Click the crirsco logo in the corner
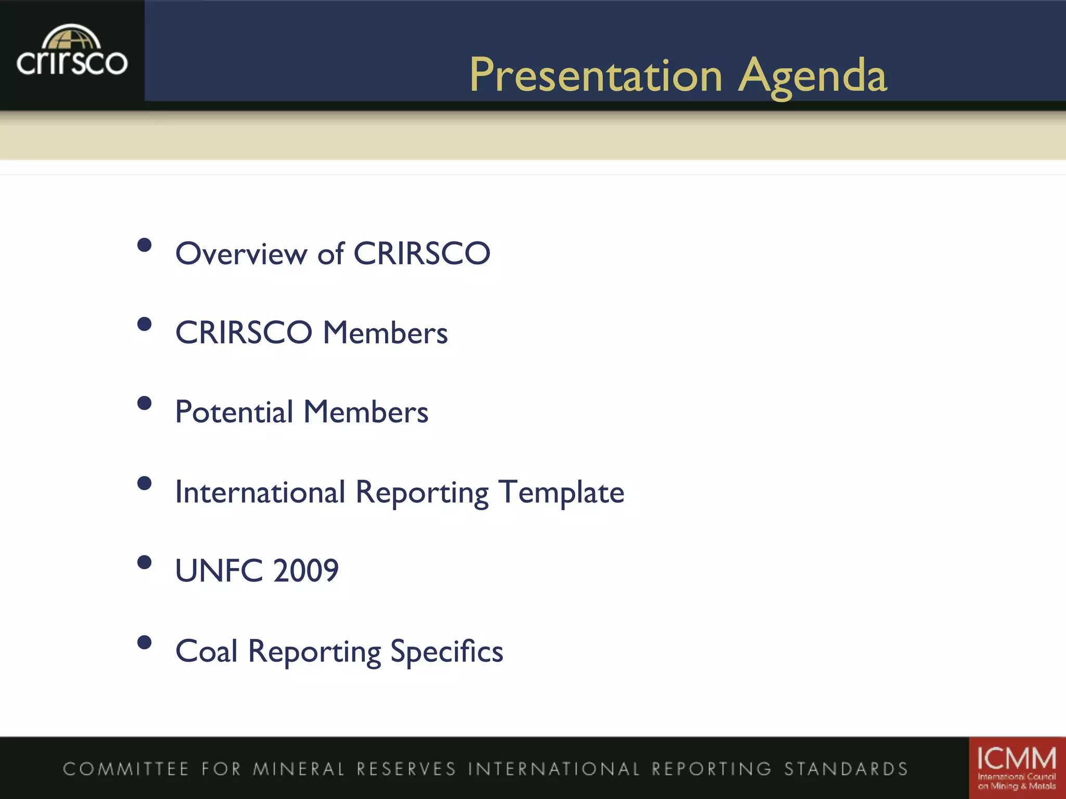(x=72, y=52)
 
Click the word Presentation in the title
(x=595, y=76)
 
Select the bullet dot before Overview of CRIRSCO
(x=144, y=245)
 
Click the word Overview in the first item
(x=241, y=254)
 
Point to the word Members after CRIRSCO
(x=385, y=333)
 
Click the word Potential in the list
(x=234, y=412)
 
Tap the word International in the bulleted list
(x=260, y=492)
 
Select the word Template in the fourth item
(x=561, y=493)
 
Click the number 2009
(x=306, y=571)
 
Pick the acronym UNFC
(x=219, y=571)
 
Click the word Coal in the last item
(x=207, y=651)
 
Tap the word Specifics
(x=447, y=651)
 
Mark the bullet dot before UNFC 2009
(x=144, y=562)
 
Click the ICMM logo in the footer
(x=1017, y=768)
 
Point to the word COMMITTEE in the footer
(x=125, y=769)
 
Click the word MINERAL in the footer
(x=299, y=769)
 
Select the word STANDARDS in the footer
(x=846, y=769)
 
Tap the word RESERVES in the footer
(x=406, y=769)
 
